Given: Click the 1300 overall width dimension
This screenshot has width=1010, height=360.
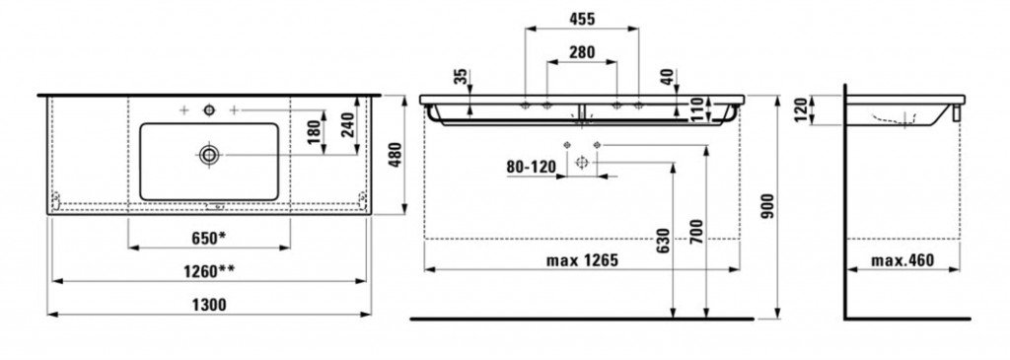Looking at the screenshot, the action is tap(210, 305).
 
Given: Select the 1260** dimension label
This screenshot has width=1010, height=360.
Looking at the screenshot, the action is tap(210, 270).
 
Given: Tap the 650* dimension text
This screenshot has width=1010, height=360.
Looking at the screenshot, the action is tap(209, 238).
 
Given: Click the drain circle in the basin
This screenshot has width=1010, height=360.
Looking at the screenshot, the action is tap(209, 154).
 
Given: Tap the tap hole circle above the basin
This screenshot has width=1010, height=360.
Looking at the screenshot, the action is tap(209, 110).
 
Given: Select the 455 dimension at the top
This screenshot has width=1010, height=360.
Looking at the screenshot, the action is tap(582, 19).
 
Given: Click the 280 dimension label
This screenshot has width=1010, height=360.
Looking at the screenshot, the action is tap(582, 52).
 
